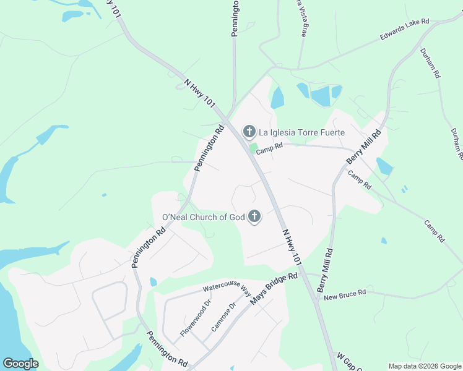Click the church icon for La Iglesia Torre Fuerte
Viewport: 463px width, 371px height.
click(249, 131)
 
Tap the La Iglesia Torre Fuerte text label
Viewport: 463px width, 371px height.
click(301, 132)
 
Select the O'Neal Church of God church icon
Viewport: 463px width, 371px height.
click(254, 217)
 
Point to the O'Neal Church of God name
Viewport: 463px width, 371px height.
click(203, 217)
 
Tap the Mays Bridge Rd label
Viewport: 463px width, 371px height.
click(274, 289)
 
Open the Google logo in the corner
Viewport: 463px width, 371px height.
click(20, 364)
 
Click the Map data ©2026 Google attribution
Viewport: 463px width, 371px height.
click(425, 366)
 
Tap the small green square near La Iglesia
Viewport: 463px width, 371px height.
click(253, 147)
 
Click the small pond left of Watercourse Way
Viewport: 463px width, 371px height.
click(153, 281)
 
